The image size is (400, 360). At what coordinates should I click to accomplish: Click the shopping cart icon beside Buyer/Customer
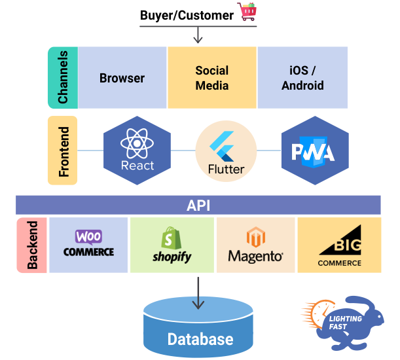click(247, 12)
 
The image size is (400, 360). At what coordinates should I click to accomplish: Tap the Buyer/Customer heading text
click(187, 14)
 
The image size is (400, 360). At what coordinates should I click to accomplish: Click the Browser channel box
click(122, 78)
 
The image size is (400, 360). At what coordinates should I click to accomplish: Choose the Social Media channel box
click(212, 78)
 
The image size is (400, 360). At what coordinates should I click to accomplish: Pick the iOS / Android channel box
click(302, 78)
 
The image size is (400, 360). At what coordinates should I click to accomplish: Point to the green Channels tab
click(63, 78)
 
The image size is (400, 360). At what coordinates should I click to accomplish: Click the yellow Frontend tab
click(63, 151)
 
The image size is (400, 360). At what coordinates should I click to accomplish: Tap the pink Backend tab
click(32, 245)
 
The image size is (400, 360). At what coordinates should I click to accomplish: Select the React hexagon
click(137, 151)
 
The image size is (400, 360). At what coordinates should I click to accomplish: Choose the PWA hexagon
click(314, 151)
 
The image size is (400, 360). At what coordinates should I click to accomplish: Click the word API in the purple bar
click(198, 206)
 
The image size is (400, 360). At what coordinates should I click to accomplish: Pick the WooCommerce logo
click(88, 244)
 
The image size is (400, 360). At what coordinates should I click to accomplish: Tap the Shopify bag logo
click(172, 245)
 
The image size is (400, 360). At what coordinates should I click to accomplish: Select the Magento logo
click(255, 245)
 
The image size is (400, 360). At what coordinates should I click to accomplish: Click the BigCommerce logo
click(340, 245)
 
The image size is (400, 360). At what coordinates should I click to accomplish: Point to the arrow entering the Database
click(198, 292)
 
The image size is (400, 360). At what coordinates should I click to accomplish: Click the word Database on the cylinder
click(200, 339)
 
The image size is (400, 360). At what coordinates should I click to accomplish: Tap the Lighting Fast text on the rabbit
click(345, 323)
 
